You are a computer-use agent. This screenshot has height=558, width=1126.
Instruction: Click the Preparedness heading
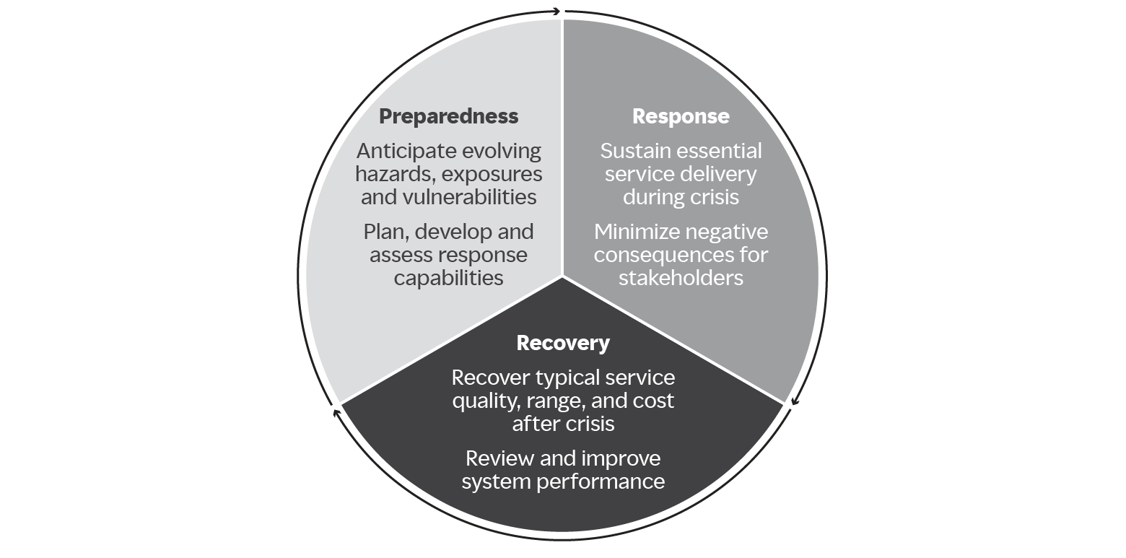pyautogui.click(x=448, y=116)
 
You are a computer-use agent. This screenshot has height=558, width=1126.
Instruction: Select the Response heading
pyautogui.click(x=681, y=116)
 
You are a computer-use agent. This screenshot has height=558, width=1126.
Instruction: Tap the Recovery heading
pyautogui.click(x=563, y=343)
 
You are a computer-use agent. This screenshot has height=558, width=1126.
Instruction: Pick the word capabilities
pyautogui.click(x=448, y=278)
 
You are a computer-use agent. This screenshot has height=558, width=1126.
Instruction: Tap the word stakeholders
pyautogui.click(x=681, y=278)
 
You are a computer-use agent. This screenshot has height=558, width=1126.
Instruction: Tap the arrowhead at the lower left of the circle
pyautogui.click(x=335, y=413)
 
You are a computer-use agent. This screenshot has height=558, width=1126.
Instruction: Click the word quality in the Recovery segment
pyautogui.click(x=482, y=401)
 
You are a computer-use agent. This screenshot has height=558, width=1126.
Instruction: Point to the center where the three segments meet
pyautogui.click(x=562, y=275)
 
